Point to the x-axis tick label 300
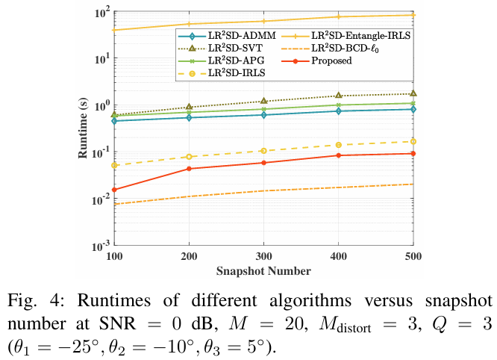click(x=263, y=256)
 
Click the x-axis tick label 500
click(x=413, y=256)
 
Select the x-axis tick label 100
click(x=114, y=256)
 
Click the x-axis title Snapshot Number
click(x=263, y=269)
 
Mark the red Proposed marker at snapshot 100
click(x=114, y=190)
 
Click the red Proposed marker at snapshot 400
click(x=338, y=155)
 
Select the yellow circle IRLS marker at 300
click(x=263, y=151)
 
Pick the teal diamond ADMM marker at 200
click(x=189, y=117)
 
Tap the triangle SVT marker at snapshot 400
click(x=338, y=96)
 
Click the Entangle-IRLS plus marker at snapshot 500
click(x=413, y=15)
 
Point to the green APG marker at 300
click(x=263, y=109)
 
